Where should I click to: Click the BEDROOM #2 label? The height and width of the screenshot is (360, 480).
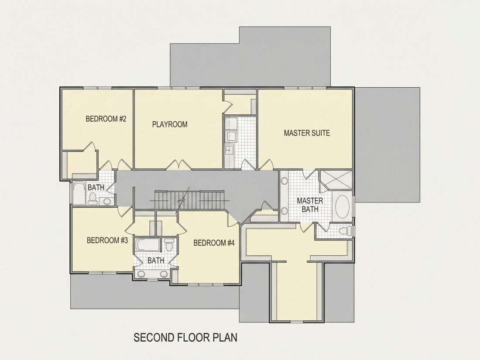[106, 119]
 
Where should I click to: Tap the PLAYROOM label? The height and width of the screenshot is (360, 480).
[170, 124]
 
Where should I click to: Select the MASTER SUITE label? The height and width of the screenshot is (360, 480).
[307, 133]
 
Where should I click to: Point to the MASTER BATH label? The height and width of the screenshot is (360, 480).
[310, 205]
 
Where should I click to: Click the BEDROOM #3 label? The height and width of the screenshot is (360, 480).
[107, 240]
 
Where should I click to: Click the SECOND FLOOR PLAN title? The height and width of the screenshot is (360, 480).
[185, 337]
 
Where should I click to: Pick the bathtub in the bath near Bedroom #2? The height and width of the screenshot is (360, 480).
[79, 193]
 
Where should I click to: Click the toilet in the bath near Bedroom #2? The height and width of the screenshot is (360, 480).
[93, 199]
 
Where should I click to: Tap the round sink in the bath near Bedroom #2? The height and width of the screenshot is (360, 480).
[107, 201]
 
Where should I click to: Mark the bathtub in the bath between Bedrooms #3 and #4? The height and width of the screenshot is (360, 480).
[148, 244]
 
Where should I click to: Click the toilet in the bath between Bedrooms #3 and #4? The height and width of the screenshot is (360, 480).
[169, 245]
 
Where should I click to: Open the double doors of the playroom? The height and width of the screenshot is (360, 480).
[179, 165]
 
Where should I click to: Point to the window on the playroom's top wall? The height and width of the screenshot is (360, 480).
[179, 88]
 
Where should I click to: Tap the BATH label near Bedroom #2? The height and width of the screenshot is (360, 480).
[96, 187]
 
